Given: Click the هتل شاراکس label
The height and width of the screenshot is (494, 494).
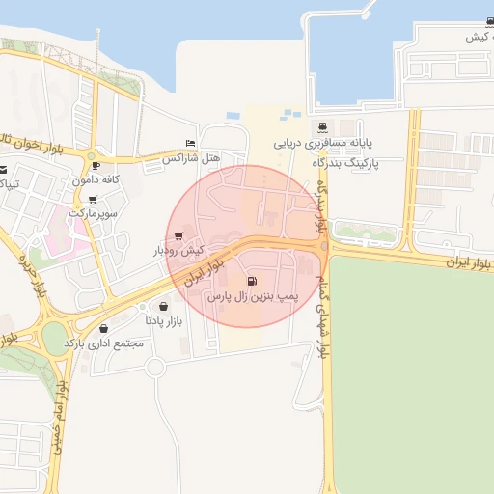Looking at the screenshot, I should [x=191, y=157].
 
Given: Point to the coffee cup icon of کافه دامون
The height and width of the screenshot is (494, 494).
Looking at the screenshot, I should [x=95, y=166].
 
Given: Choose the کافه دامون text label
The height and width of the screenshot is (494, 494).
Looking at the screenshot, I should [x=95, y=180].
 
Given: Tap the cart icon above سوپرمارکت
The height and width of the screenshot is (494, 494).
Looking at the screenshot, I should [x=93, y=198].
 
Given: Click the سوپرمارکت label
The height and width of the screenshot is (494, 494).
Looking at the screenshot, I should [x=93, y=212].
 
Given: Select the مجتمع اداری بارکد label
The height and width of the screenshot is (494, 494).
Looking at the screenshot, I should [x=103, y=343].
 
